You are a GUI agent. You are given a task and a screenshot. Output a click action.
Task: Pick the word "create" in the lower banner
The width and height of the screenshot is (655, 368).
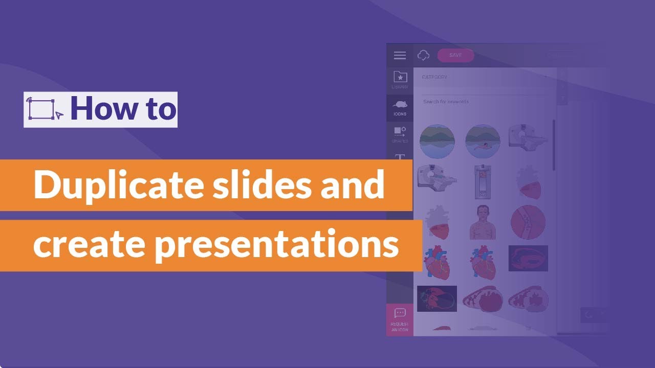[91, 245]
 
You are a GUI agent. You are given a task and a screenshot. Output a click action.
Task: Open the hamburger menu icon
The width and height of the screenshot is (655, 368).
[400, 56]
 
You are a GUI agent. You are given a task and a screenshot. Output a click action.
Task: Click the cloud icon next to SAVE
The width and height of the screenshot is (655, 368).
[424, 55]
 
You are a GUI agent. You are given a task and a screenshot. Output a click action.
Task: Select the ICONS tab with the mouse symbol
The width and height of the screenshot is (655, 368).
[400, 107]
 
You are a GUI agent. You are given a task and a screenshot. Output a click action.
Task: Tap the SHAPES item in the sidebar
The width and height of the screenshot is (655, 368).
[400, 134]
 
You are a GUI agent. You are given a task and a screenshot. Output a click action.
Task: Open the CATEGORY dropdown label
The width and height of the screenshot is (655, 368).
[434, 77]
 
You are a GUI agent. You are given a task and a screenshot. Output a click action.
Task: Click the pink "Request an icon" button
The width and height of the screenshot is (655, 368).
[400, 320]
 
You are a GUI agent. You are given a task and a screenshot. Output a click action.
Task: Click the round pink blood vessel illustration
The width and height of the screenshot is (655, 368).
[528, 222]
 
